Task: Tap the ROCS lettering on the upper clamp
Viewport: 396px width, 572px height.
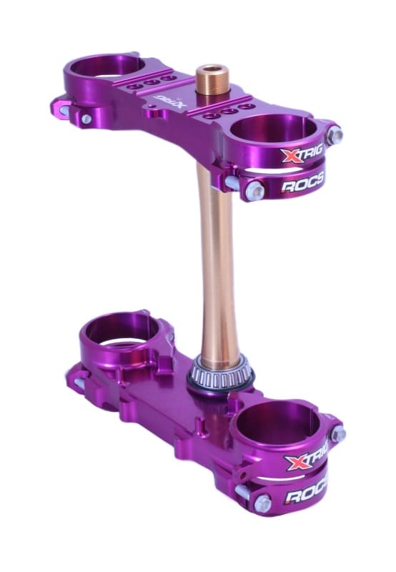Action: tap(301, 187)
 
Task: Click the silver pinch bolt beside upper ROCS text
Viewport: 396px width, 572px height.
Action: tap(255, 190)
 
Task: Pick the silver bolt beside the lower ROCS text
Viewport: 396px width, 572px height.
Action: tap(262, 503)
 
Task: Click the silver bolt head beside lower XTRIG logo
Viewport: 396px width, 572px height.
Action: tap(338, 433)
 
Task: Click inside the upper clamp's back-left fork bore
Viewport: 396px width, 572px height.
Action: tap(107, 67)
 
